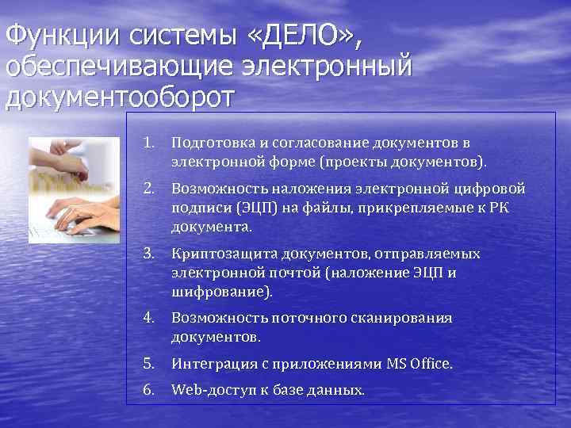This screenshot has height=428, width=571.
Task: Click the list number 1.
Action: [x=148, y=143]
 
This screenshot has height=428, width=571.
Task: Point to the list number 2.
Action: [x=148, y=189]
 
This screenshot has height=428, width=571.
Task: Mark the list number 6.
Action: [x=148, y=389]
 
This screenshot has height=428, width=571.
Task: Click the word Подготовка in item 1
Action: [x=210, y=143]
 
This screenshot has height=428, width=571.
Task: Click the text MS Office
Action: [x=419, y=364]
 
